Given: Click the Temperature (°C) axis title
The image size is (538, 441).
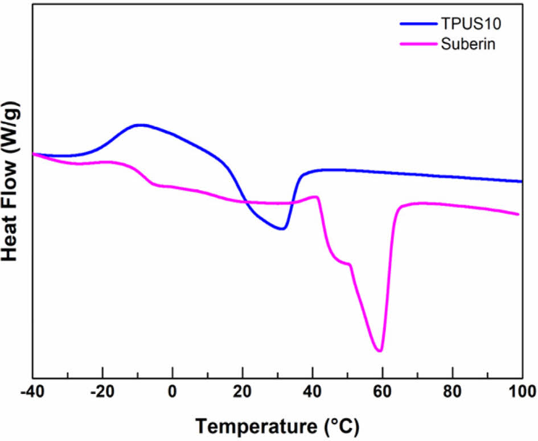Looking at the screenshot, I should [278, 425].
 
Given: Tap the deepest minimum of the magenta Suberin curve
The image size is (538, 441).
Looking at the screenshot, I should [380, 351].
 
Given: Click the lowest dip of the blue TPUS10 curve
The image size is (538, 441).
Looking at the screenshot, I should [281, 229].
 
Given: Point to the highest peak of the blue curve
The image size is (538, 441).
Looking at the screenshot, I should [138, 125].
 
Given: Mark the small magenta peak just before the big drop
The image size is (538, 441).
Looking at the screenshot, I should [315, 197].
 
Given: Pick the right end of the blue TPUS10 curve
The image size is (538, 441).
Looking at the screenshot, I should [521, 182].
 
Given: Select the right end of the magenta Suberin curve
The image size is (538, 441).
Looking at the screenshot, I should [518, 215].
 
